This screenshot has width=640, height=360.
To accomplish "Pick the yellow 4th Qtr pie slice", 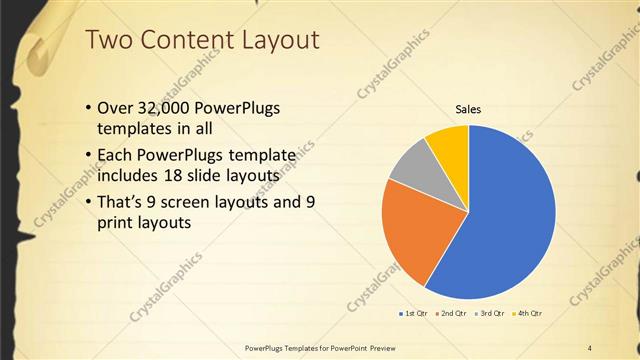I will tap(449, 146).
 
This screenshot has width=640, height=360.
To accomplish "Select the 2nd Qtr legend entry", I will tap(453, 314).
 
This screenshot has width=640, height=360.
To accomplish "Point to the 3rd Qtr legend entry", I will tap(491, 314).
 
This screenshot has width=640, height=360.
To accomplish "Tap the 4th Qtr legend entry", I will tap(528, 314).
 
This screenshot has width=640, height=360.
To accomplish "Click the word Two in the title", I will tap(109, 40).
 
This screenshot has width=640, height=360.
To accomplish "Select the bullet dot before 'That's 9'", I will tap(88, 202).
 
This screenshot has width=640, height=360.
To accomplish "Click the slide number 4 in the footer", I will tap(589, 347).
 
